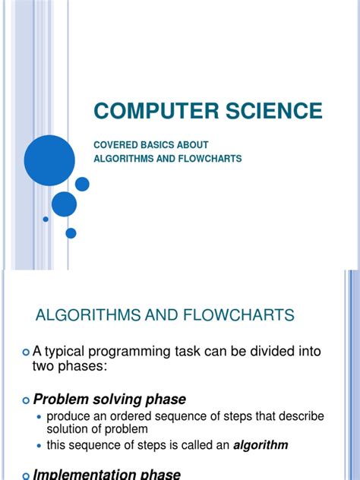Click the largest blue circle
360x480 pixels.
[50, 160]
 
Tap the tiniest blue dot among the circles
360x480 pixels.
[46, 219]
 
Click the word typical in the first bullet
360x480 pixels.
[77, 352]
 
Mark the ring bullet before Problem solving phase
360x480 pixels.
[27, 399]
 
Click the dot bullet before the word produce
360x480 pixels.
[40, 417]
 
